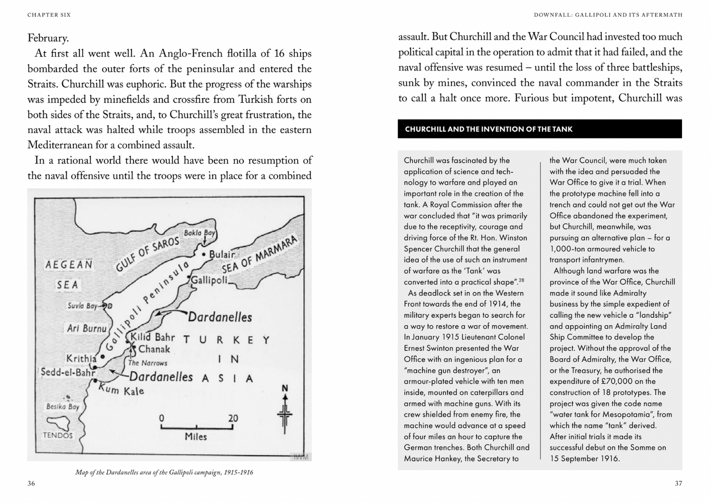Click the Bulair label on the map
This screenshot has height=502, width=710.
pos(222,254)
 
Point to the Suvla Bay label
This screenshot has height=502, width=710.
pos(82,306)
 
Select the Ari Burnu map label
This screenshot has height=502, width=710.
pos(86,328)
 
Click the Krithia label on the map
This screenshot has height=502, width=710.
pos(81,358)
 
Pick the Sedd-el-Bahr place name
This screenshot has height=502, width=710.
pos(68,372)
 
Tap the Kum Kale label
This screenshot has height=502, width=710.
pos(121,390)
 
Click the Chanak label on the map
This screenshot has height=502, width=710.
pos(154,349)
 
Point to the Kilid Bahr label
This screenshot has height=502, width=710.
pos(152,337)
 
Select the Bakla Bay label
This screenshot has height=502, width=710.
pos(199,232)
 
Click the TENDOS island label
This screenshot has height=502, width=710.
pos(57,435)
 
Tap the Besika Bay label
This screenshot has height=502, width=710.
pos(62,407)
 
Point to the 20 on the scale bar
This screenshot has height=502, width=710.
pos(233,418)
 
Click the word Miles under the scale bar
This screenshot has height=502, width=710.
pos(196,437)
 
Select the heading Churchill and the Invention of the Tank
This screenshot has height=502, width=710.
pos(488,129)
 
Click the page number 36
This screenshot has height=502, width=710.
pos(31,483)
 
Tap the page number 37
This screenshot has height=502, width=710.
pos(678,483)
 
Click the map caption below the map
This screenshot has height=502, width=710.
pos(164,473)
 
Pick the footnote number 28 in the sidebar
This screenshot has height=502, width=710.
pos(521,280)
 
